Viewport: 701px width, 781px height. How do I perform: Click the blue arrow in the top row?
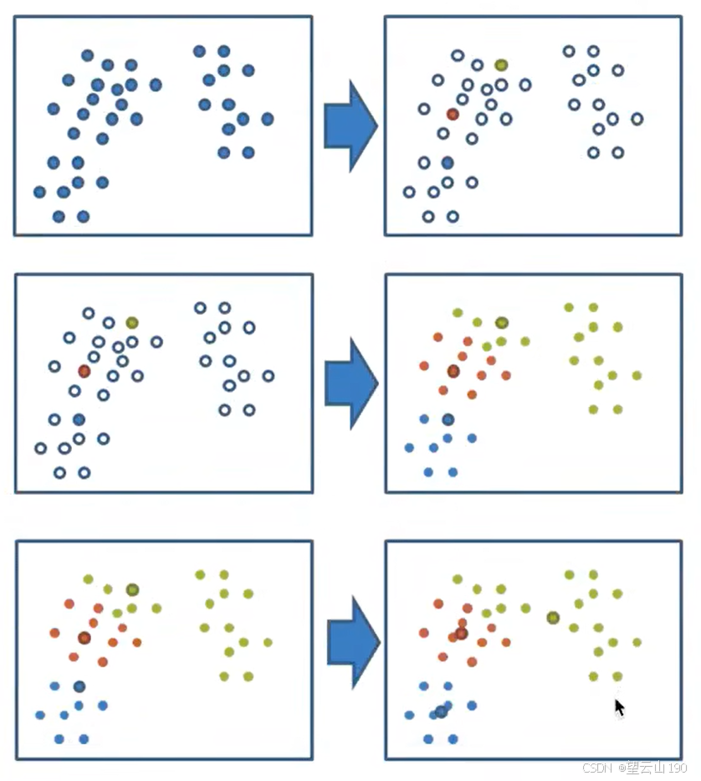(x=350, y=124)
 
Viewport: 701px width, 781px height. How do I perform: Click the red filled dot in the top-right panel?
(x=453, y=114)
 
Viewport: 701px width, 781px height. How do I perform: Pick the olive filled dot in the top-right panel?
(x=501, y=64)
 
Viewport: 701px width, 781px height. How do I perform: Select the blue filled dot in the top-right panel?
(x=448, y=162)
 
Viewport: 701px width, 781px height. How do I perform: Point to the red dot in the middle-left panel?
(x=84, y=371)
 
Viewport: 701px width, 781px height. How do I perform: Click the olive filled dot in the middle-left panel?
(x=132, y=322)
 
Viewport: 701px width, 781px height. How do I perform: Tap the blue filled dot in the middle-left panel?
(x=79, y=419)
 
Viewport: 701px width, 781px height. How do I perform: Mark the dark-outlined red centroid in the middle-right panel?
(x=453, y=371)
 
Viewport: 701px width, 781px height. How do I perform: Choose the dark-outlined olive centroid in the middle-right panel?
(x=501, y=322)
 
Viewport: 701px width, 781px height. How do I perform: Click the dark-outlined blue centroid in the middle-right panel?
(x=448, y=419)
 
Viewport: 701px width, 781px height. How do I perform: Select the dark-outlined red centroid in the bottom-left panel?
(x=84, y=638)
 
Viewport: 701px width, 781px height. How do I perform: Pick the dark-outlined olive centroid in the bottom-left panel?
(x=132, y=589)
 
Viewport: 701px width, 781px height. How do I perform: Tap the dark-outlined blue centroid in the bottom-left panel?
(x=79, y=686)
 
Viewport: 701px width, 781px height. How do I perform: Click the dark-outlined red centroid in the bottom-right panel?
(x=461, y=634)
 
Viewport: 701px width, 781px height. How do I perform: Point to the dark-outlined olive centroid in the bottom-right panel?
(x=553, y=618)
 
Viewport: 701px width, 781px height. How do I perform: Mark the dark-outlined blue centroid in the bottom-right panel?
(x=441, y=712)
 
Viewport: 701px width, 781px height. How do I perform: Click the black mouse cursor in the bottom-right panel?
(x=619, y=707)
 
